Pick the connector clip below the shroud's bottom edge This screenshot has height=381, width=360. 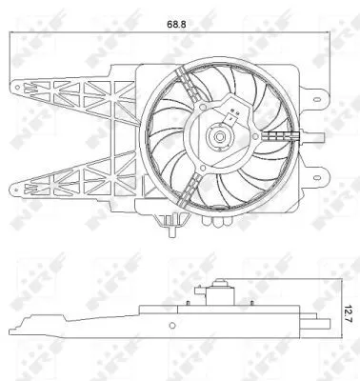[x=170, y=227]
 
